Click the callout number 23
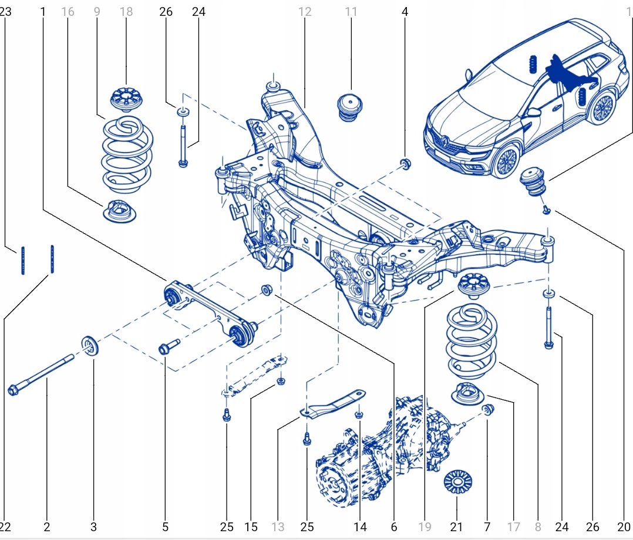pos(6,11)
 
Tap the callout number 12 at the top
pos(305,11)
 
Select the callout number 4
pos(405,11)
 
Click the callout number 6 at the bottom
pos(393,526)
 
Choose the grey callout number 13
pos(278,526)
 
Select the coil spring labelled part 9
pos(128,154)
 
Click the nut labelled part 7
pos(488,409)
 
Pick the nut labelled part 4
pos(405,163)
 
